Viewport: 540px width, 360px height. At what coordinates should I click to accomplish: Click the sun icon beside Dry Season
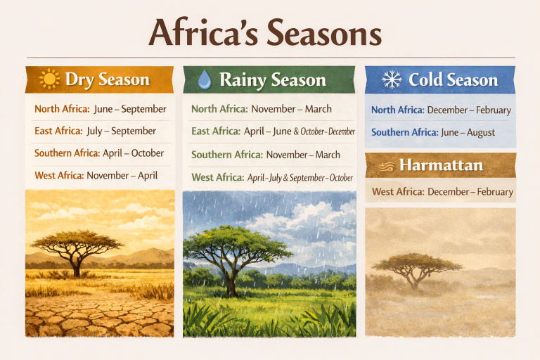(x=49, y=79)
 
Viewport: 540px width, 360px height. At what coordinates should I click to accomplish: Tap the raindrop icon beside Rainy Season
(x=204, y=79)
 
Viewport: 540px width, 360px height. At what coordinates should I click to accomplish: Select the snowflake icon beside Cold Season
(x=391, y=79)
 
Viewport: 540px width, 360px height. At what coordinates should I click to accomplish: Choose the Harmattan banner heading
(x=440, y=167)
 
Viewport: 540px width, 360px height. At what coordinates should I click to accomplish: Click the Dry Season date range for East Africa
(x=121, y=131)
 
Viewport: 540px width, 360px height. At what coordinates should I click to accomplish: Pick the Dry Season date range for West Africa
(x=122, y=175)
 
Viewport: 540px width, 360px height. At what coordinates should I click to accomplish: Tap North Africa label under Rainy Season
(x=219, y=109)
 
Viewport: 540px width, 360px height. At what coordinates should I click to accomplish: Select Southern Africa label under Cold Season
(x=404, y=132)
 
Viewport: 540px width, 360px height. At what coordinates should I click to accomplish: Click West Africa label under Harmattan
(x=397, y=191)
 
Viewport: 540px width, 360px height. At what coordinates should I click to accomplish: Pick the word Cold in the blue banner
(x=426, y=79)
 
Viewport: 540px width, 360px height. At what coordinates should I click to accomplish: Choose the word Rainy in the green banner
(x=241, y=79)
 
